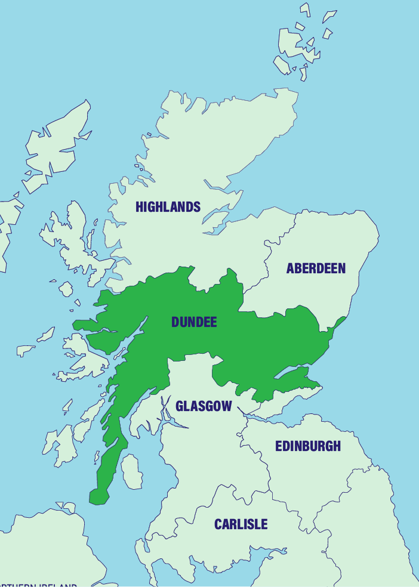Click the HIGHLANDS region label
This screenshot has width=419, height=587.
pyautogui.click(x=168, y=207)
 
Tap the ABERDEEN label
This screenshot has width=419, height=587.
pyautogui.click(x=316, y=268)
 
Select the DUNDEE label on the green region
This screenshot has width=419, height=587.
pyautogui.click(x=194, y=322)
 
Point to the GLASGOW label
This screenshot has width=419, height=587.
pyautogui.click(x=204, y=406)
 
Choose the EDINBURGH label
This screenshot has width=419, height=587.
pyautogui.click(x=307, y=446)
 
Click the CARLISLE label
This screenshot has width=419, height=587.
pyautogui.click(x=241, y=524)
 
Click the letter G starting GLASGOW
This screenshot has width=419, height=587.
pyautogui.click(x=180, y=406)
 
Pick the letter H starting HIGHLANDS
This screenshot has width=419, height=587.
pyautogui.click(x=140, y=207)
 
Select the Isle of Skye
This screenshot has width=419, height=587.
pyautogui.click(x=72, y=239)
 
